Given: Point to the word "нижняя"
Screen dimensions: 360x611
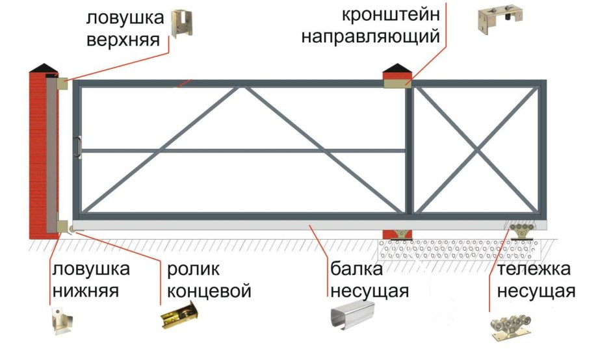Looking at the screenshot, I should (x=85, y=291).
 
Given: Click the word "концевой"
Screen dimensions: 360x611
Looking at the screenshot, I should (x=209, y=291).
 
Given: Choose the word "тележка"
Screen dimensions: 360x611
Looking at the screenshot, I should (x=532, y=268).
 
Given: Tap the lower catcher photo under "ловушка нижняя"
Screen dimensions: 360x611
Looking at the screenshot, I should (x=65, y=322).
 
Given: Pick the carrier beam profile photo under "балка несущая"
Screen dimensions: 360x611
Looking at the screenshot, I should (x=350, y=318).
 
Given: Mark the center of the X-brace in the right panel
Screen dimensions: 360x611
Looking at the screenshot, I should (x=478, y=150).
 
